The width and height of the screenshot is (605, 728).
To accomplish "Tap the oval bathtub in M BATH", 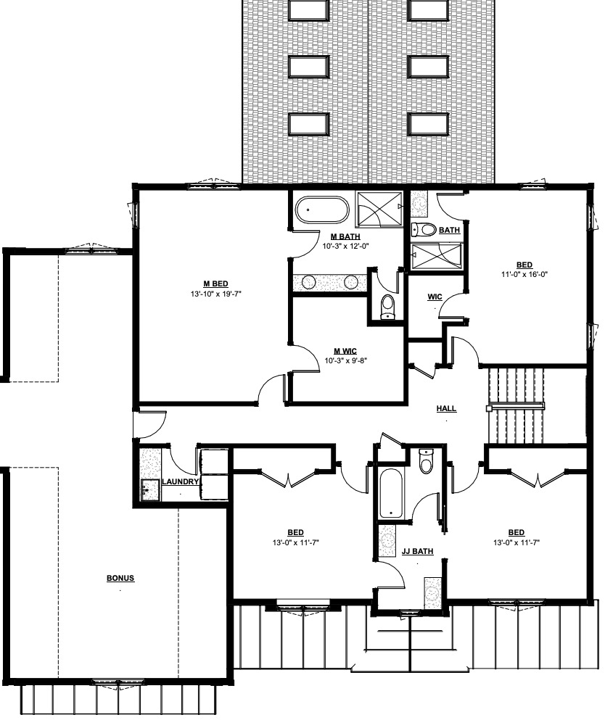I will pyautogui.click(x=322, y=210).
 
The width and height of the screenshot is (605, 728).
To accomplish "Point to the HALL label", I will pyautogui.click(x=446, y=409).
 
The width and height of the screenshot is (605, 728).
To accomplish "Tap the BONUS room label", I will pyautogui.click(x=120, y=579).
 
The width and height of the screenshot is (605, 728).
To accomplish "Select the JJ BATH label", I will pyautogui.click(x=417, y=552).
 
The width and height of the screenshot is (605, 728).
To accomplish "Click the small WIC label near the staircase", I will pyautogui.click(x=435, y=297).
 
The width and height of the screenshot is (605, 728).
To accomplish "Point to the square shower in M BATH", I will pyautogui.click(x=379, y=209).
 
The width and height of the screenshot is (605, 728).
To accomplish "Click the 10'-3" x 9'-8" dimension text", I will pyautogui.click(x=346, y=360).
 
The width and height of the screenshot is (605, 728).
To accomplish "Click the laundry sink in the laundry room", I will pyautogui.click(x=149, y=490).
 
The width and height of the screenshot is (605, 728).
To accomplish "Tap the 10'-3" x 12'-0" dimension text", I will pyautogui.click(x=345, y=246).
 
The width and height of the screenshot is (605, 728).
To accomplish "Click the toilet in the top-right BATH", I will pyautogui.click(x=424, y=231).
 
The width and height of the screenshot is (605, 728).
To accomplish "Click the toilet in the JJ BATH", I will pyautogui.click(x=427, y=461).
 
